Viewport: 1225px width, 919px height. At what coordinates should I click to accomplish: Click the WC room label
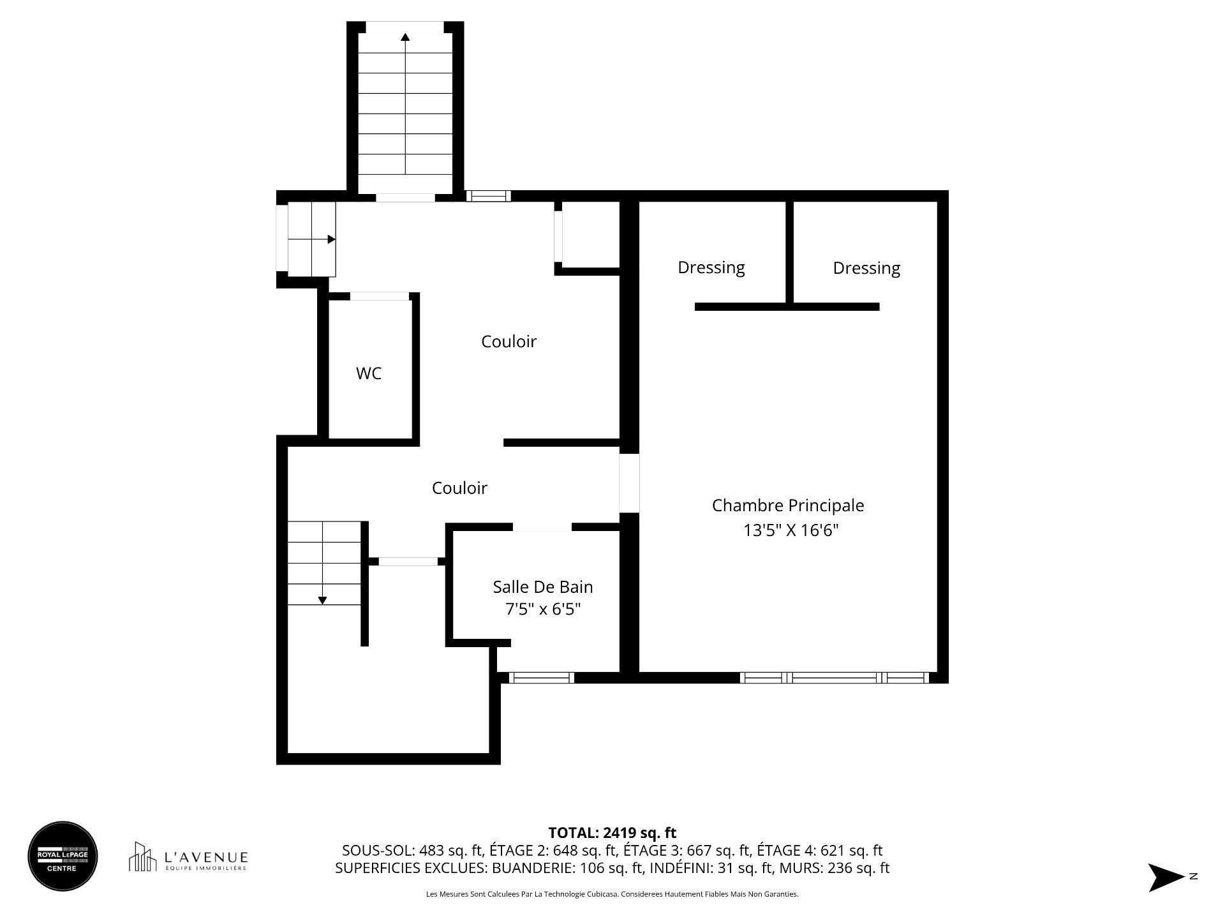point(369,373)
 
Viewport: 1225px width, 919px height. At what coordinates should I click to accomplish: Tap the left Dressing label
point(711,267)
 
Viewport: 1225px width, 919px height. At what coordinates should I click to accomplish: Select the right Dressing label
point(866,267)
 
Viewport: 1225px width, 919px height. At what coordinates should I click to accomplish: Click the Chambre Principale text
point(787,505)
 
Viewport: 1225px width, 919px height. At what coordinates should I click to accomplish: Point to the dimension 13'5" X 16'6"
point(790,530)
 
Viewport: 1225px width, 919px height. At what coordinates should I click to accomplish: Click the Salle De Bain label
point(542,587)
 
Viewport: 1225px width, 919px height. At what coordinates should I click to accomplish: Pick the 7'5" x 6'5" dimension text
point(542,609)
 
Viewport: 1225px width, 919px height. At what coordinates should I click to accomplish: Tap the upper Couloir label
point(509,341)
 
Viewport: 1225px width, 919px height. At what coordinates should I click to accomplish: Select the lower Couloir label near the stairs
point(459,488)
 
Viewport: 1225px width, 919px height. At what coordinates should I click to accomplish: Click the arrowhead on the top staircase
point(405,37)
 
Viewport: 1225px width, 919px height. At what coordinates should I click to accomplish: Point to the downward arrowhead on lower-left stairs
point(322,600)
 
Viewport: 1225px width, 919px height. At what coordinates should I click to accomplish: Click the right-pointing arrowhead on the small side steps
point(331,239)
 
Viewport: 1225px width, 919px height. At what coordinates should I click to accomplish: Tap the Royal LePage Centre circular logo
point(63,856)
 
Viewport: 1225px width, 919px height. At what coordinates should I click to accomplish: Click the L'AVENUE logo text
point(205,857)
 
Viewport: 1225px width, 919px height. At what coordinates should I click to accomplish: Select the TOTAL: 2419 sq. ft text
point(612,833)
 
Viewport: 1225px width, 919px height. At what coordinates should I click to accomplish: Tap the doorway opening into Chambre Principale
point(629,482)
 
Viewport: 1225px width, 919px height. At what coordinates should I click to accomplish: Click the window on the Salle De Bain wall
point(541,678)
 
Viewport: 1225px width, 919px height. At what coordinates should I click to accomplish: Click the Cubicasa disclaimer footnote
point(612,894)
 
